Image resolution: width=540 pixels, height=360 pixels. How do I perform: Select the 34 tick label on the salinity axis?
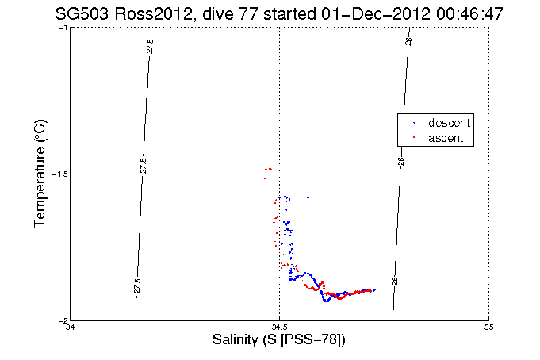point(71,327)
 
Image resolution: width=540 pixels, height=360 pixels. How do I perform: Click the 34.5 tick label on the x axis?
point(279,327)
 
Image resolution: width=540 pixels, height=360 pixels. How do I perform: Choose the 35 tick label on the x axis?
point(488,327)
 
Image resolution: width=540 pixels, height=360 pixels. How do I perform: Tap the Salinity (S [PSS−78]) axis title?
point(279,340)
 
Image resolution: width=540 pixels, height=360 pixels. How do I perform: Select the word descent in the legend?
point(449,124)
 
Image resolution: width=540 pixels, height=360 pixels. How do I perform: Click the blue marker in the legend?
point(414,124)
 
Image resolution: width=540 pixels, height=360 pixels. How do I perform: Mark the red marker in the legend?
point(414,138)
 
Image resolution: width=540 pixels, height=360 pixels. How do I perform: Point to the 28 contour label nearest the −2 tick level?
point(394,281)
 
